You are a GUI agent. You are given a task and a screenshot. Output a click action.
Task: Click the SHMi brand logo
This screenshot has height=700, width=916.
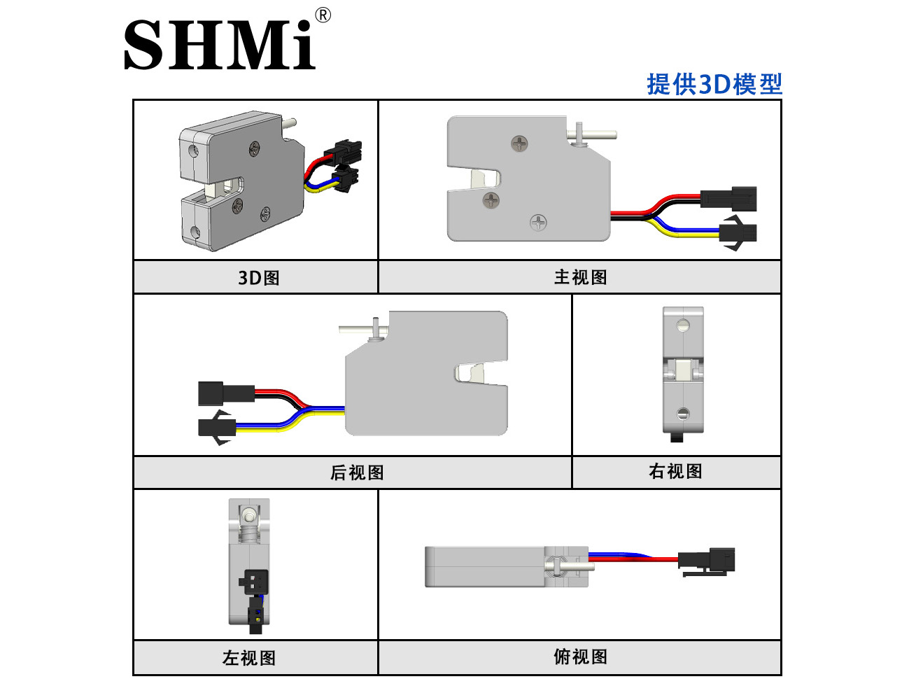[219, 44]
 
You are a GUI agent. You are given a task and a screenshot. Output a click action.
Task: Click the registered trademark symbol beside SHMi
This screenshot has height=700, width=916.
[323, 15]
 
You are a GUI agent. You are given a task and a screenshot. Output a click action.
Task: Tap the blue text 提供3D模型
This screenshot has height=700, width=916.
[714, 84]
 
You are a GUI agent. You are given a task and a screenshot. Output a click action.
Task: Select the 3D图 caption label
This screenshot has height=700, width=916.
[258, 278]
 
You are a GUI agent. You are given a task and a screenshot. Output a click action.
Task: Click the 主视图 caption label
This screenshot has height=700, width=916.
[580, 277]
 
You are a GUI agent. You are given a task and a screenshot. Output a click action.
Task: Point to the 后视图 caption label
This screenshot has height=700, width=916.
[357, 472]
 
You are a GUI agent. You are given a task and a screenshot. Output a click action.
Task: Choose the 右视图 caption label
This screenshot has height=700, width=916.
[675, 471]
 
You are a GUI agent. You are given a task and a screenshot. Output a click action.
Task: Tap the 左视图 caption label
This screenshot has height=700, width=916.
[249, 658]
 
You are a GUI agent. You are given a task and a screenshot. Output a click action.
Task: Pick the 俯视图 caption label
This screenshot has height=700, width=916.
[580, 657]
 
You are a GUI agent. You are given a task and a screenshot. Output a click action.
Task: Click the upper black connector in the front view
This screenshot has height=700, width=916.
[728, 199]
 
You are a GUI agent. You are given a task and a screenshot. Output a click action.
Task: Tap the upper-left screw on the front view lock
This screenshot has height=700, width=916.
[519, 143]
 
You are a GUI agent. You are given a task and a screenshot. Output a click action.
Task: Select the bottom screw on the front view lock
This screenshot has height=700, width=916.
[538, 223]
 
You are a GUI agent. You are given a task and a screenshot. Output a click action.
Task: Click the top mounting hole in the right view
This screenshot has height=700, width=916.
[684, 325]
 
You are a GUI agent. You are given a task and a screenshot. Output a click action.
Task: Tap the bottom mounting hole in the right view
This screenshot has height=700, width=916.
[683, 414]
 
